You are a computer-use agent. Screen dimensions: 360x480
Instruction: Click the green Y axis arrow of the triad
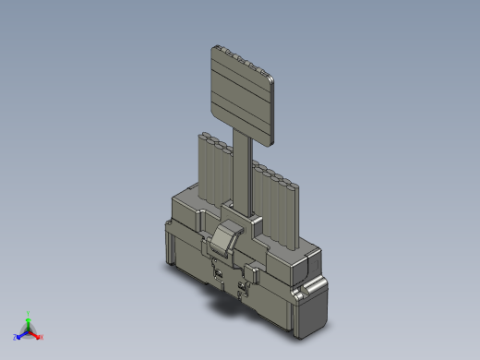(29, 320)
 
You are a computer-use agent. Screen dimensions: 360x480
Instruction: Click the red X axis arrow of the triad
(36, 335)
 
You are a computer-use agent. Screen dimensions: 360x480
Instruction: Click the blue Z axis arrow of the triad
(21, 335)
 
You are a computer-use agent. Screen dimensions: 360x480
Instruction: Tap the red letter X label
(42, 337)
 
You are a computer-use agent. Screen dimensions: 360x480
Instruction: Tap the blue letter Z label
(16, 338)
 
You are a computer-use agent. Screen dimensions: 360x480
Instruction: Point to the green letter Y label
(29, 313)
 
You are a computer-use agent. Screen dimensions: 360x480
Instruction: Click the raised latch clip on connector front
(225, 238)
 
